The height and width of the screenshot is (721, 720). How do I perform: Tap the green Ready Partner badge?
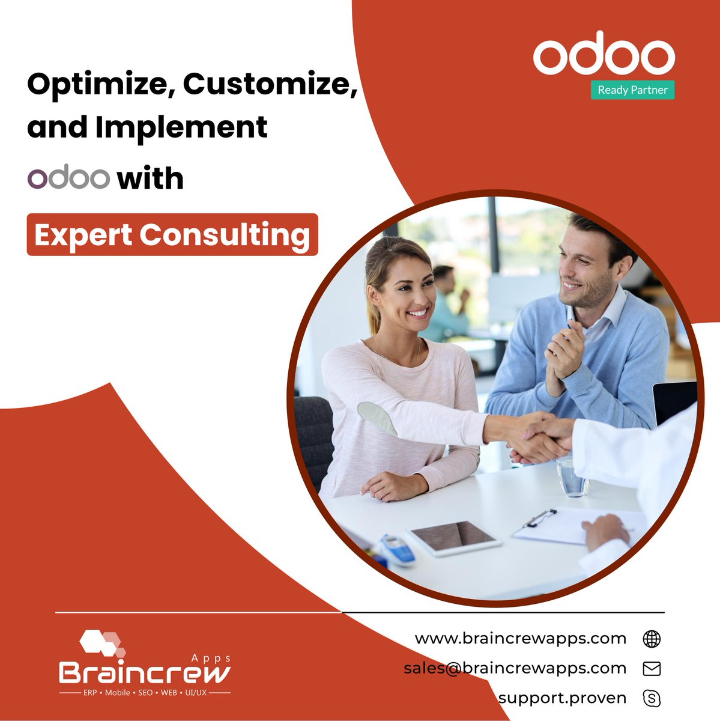click(632, 90)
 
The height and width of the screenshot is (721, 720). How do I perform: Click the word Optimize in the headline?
click(96, 84)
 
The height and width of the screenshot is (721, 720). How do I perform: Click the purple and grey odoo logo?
click(68, 178)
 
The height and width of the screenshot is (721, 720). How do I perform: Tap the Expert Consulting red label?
click(172, 234)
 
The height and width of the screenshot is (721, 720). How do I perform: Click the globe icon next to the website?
click(651, 639)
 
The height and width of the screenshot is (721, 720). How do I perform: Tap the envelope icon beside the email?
click(651, 669)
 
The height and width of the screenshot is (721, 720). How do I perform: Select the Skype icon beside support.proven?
click(651, 698)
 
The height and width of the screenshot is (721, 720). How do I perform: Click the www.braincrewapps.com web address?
click(520, 638)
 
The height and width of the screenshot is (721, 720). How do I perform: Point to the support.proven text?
click(562, 698)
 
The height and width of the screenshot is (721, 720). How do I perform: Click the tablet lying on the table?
click(454, 536)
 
